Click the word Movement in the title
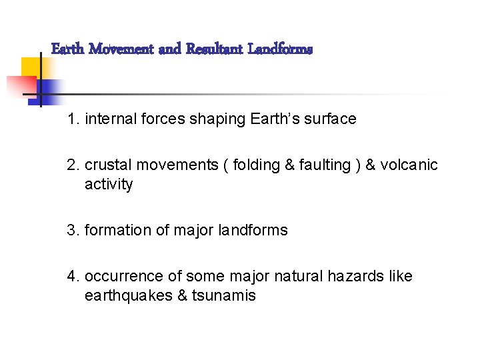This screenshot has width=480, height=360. tap(122, 49)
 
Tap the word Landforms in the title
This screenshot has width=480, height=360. tap(280, 49)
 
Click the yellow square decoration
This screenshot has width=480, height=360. tap(30, 67)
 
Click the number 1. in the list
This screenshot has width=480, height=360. tap(73, 119)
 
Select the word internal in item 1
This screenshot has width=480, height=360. tap(109, 119)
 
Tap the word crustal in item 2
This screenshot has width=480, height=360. tap(109, 165)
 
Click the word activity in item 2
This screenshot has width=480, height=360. tap(109, 184)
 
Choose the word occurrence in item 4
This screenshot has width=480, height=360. tap(121, 276)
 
